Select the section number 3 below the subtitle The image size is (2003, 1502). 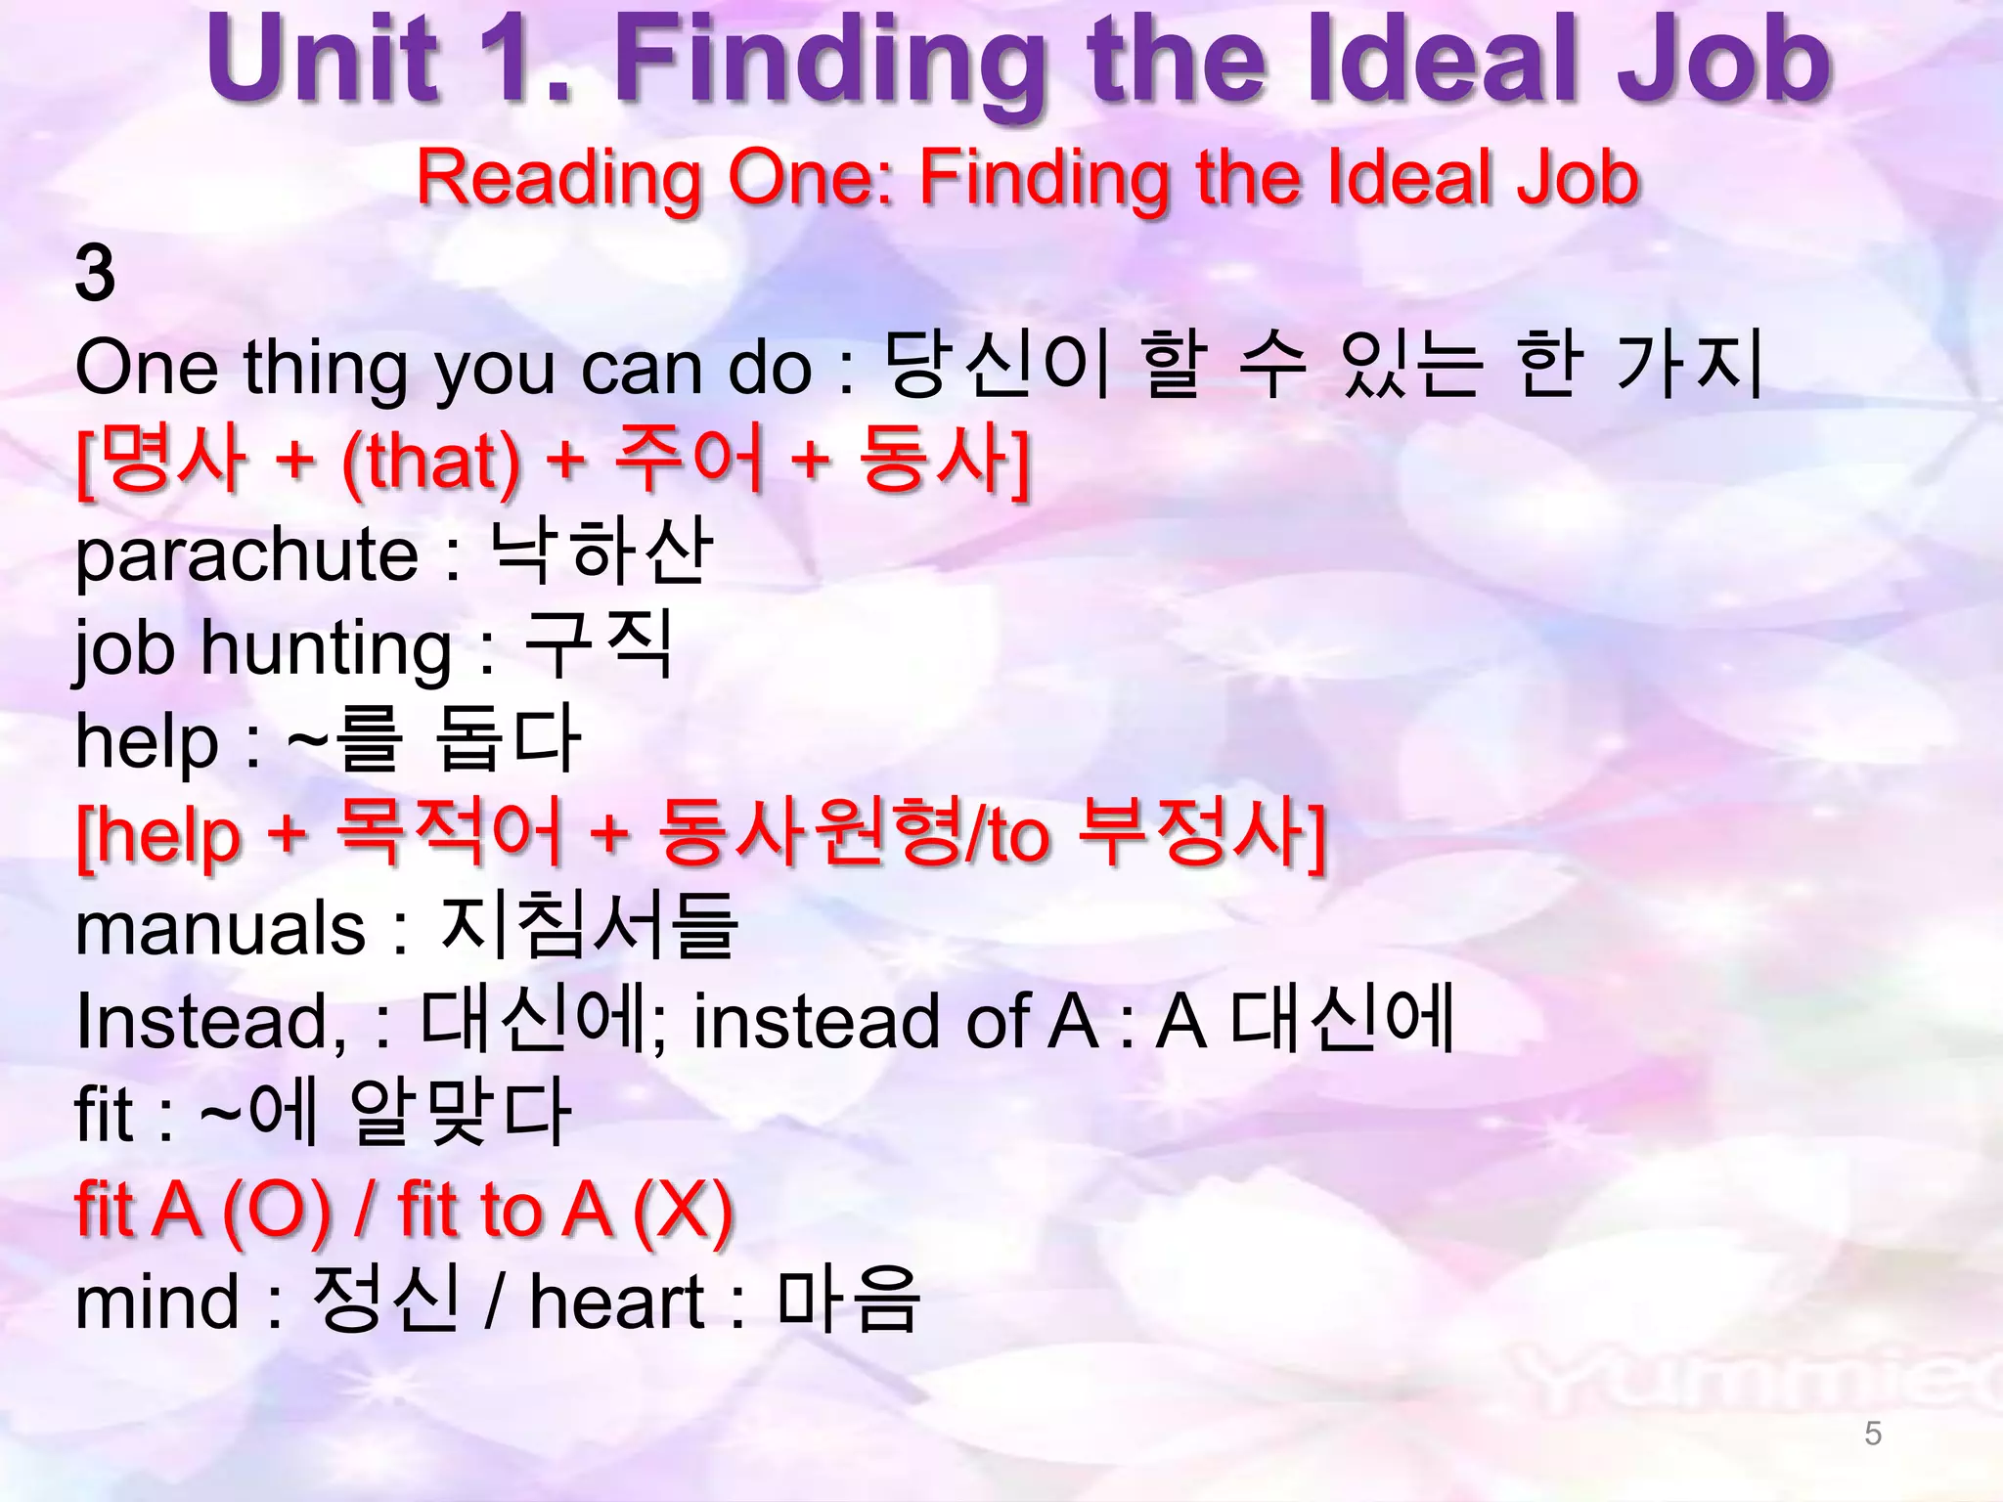point(95,274)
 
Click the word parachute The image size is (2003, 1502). point(247,555)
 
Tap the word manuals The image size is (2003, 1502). point(220,929)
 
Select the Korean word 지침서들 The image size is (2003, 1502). point(588,925)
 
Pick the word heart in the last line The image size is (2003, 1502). point(616,1303)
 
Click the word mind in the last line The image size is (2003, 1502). point(156,1303)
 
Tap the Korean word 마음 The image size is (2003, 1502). point(848,1301)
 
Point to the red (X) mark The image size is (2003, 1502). point(683,1211)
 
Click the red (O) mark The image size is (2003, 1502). point(278,1211)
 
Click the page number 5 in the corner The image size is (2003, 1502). point(1873,1434)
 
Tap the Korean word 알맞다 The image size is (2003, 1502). point(461,1113)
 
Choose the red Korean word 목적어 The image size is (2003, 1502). point(449,834)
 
